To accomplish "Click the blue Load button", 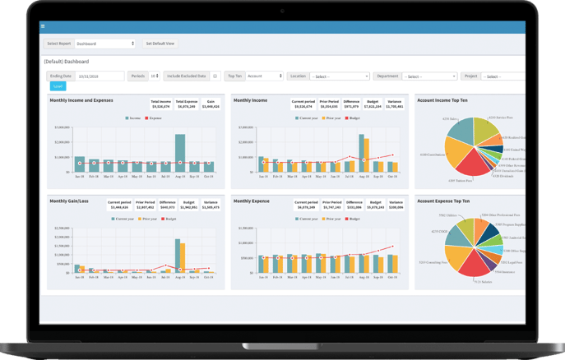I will (x=58, y=85).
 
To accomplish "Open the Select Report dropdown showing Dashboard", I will (x=105, y=44).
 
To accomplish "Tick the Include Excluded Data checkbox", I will (x=215, y=76).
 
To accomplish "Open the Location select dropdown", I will (x=340, y=76).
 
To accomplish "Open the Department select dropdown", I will (x=429, y=76).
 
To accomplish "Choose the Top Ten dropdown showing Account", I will (x=264, y=76).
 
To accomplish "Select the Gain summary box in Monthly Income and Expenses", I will (x=211, y=104).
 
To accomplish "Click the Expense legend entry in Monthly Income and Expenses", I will (x=155, y=118).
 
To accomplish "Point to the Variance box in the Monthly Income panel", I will (x=395, y=104).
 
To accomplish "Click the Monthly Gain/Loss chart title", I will (x=68, y=201).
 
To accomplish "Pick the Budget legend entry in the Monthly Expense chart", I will (x=353, y=219).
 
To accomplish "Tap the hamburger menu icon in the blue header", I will (x=43, y=26).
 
